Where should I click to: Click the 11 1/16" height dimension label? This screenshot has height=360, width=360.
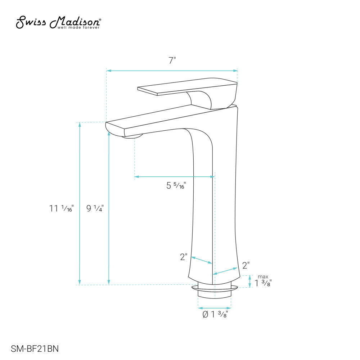62,208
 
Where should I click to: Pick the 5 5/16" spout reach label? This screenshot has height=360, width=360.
176,186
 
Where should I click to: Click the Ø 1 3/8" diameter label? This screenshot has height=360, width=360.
215,314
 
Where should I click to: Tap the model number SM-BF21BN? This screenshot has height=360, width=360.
35,348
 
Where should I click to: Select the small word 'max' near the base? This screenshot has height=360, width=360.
262,277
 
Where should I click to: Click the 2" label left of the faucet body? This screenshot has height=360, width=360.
184,257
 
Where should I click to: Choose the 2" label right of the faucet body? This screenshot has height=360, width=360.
246,266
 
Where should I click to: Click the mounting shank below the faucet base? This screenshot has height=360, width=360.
215,293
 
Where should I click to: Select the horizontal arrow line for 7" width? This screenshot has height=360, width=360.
172,71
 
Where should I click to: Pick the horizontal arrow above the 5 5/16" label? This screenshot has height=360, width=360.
175,177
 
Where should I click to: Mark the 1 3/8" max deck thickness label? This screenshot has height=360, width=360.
263,283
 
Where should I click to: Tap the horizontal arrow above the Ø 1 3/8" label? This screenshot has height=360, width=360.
215,308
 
